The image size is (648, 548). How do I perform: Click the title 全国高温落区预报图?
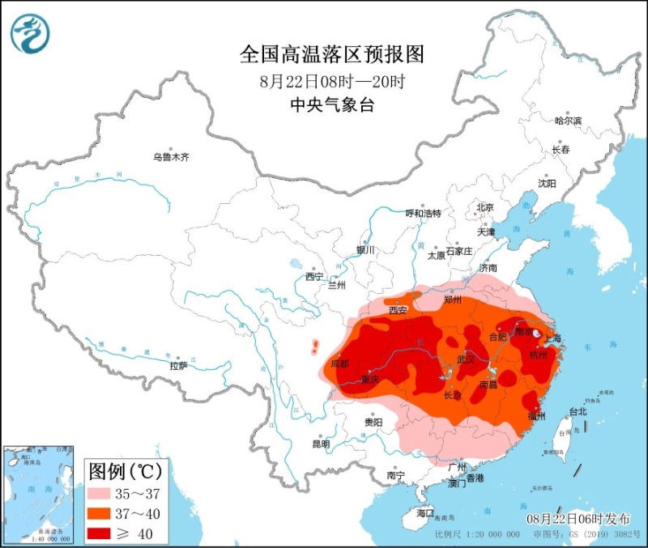[332, 54]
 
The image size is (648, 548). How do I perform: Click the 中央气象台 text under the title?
[332, 105]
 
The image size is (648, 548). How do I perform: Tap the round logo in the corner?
[30, 34]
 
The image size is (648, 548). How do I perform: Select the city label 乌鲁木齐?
[171, 157]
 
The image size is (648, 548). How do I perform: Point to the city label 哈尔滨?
[568, 121]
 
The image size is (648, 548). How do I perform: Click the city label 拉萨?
[178, 365]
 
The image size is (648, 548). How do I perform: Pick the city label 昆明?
[321, 444]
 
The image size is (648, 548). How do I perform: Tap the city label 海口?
[425, 513]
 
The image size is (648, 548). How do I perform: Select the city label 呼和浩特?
[424, 214]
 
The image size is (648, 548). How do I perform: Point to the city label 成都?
[340, 363]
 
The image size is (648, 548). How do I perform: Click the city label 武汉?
[465, 359]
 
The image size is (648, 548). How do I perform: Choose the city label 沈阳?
[548, 184]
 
